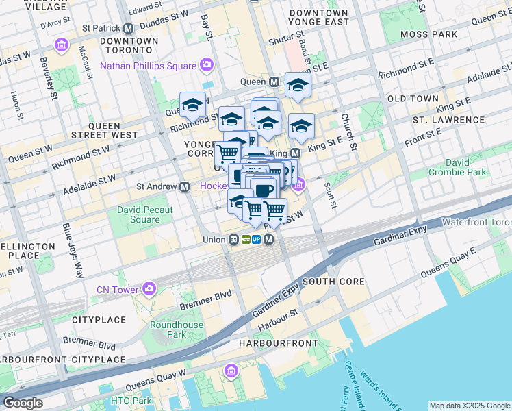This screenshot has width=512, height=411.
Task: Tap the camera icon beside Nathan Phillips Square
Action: click(x=206, y=66)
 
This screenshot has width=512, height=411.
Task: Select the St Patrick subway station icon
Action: click(x=128, y=29)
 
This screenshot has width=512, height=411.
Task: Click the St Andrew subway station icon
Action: click(x=184, y=186)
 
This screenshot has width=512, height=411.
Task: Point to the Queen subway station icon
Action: click(x=274, y=82)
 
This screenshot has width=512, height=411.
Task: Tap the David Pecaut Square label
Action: click(x=138, y=214)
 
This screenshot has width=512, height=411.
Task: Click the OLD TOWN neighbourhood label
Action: click(x=413, y=99)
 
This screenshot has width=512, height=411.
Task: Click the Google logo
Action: click(x=23, y=403)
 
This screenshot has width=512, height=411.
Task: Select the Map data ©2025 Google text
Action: click(x=470, y=406)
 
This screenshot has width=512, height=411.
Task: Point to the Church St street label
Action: click(x=348, y=132)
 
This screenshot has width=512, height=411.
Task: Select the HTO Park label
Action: click(x=131, y=401)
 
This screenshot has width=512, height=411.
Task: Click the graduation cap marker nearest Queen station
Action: click(x=298, y=85)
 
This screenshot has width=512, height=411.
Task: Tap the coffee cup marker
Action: click(x=263, y=189)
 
